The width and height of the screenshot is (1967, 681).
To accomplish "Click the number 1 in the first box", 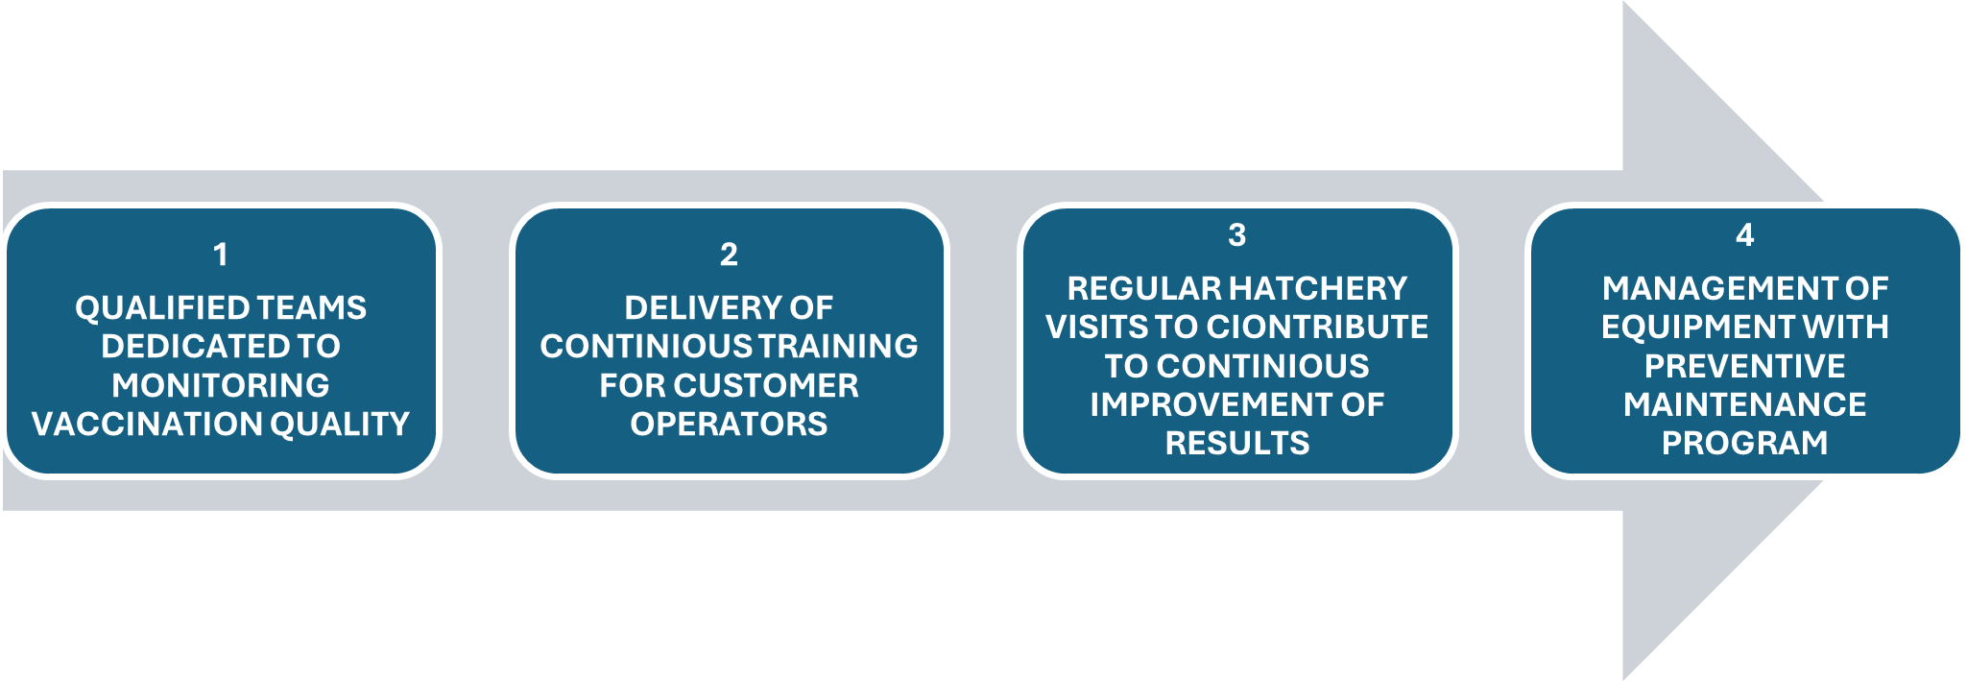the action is (x=221, y=255).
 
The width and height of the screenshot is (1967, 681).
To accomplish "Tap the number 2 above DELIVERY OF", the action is (x=729, y=255).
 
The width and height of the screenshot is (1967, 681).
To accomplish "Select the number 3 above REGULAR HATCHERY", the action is (x=1237, y=235).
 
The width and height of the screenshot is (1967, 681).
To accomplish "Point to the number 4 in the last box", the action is (x=1745, y=235).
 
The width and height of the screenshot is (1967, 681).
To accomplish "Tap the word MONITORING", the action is (x=221, y=385).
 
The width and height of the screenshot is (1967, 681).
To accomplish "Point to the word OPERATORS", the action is (x=729, y=425).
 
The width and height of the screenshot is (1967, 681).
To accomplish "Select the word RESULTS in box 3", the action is (x=1237, y=443).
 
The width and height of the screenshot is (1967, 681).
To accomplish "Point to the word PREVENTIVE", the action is (x=1745, y=366).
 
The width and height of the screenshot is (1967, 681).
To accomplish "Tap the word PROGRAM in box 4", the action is (x=1745, y=443).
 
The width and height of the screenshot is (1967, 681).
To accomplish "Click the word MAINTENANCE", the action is (x=1745, y=404).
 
